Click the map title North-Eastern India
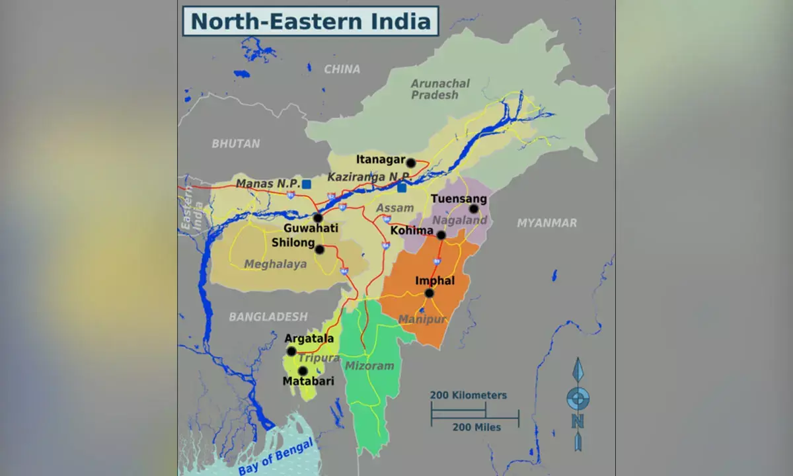[x=311, y=20]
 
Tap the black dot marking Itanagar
[x=410, y=163]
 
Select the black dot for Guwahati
[x=318, y=218]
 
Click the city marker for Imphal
[x=429, y=293]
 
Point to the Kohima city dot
[x=441, y=235]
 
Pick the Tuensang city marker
[x=473, y=209]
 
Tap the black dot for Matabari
[x=303, y=371]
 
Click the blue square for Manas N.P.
[x=307, y=184]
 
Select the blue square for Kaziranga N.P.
[x=402, y=188]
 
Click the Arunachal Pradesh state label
[x=440, y=89]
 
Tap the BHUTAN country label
[x=236, y=143]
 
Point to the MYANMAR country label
[x=547, y=223]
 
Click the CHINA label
[x=342, y=69]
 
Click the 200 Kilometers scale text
[x=469, y=395]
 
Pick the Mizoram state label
[x=369, y=366]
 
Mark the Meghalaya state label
[x=276, y=264]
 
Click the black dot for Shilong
[x=320, y=249]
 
